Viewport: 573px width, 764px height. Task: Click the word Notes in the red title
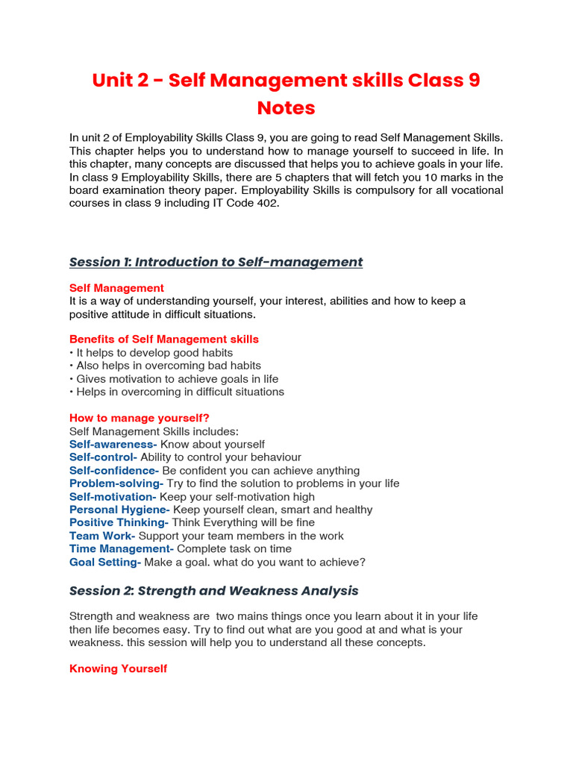click(286, 108)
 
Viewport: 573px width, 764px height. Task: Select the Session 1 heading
click(216, 262)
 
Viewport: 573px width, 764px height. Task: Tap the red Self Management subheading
click(116, 288)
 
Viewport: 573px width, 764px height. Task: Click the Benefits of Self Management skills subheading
click(164, 339)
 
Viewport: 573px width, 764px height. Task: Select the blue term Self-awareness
click(113, 444)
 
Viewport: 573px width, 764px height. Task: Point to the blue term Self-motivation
click(112, 497)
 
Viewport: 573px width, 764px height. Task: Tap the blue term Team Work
click(102, 536)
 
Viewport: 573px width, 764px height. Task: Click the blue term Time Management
click(122, 548)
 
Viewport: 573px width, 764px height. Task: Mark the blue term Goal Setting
click(105, 562)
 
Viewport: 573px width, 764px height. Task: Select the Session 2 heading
click(213, 591)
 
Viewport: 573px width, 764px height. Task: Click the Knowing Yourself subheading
click(118, 668)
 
